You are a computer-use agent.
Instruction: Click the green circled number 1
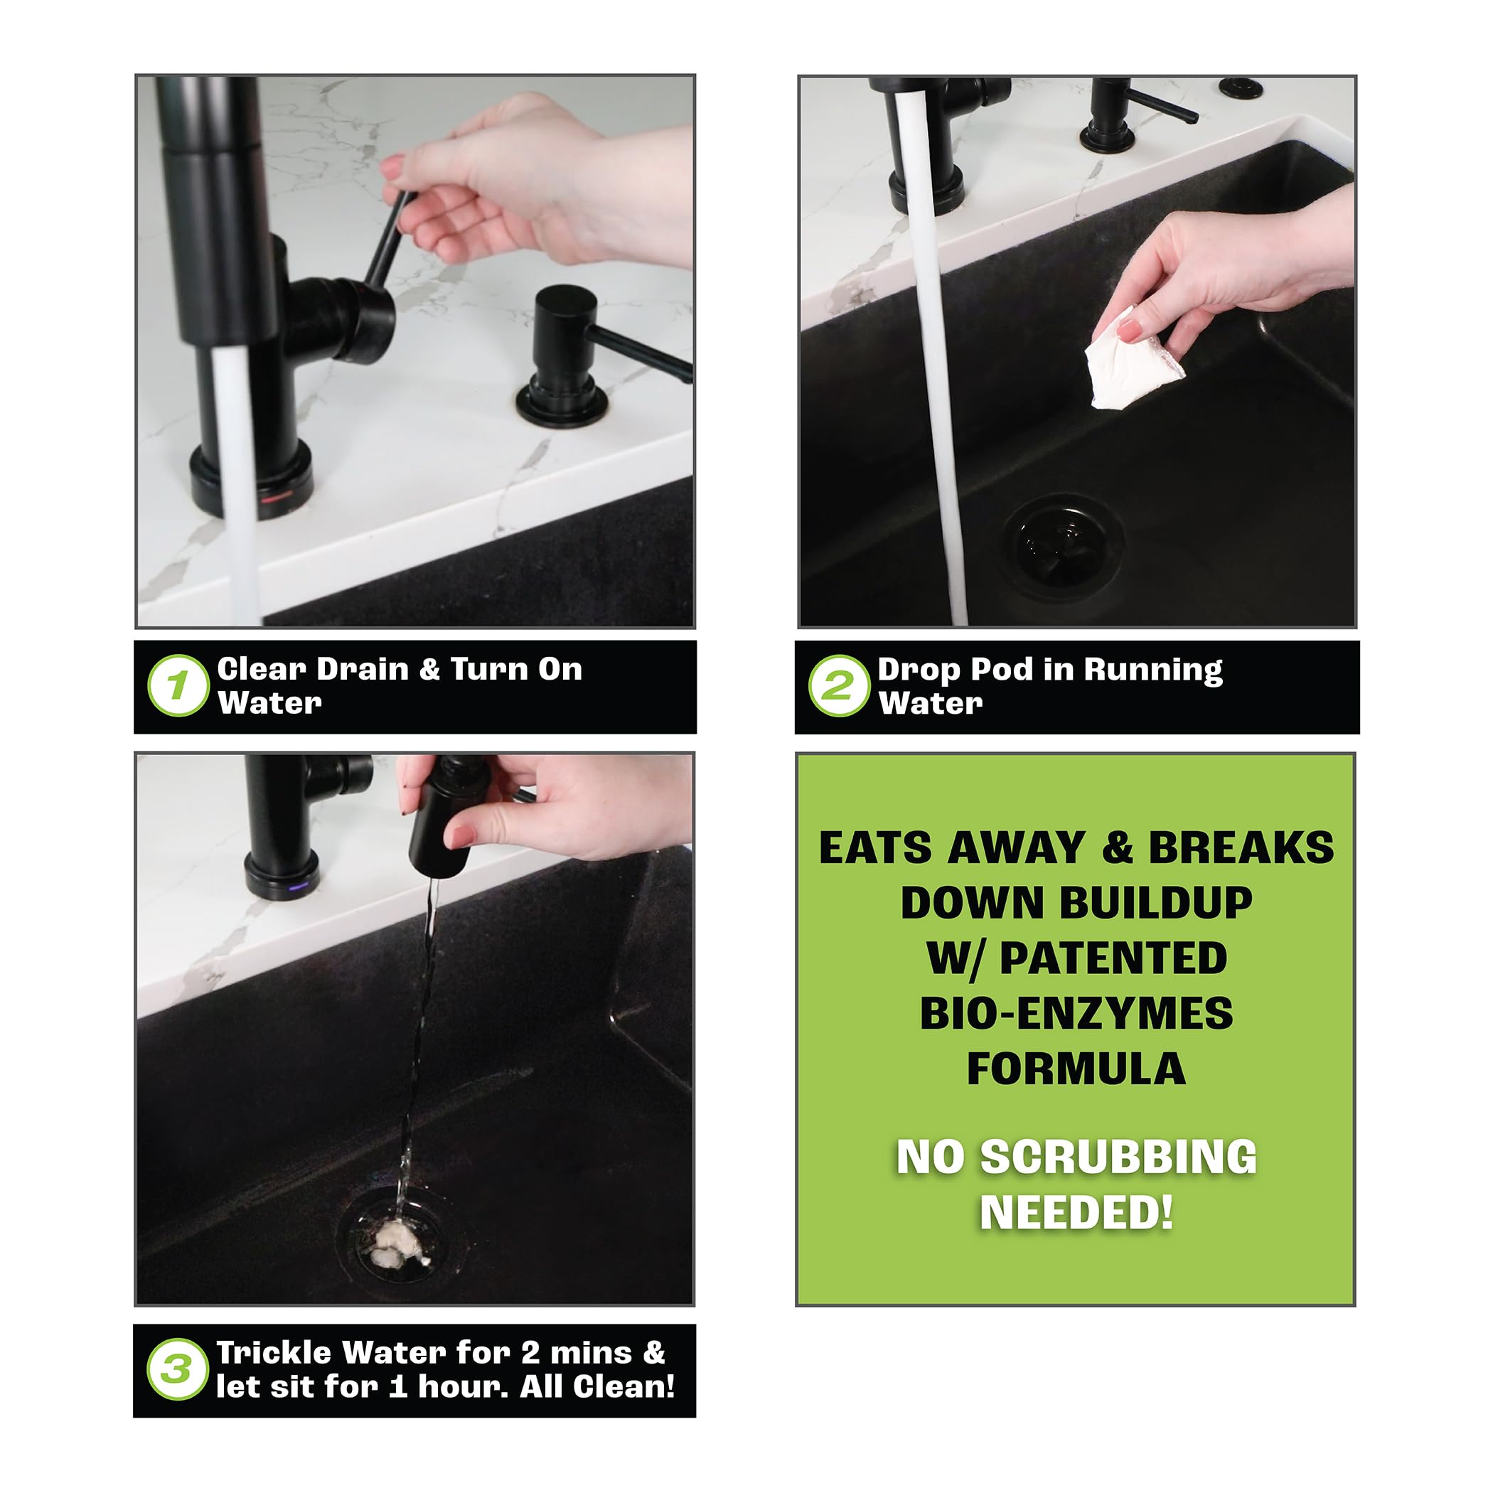point(178,685)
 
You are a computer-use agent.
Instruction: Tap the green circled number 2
point(839,685)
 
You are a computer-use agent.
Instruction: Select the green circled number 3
point(178,1369)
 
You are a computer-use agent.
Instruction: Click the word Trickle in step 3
point(274,1352)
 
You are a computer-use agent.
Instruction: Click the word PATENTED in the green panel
point(1113,958)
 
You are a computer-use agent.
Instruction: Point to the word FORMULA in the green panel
point(1076,1069)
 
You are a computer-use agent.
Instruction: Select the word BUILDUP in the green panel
point(1076,903)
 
